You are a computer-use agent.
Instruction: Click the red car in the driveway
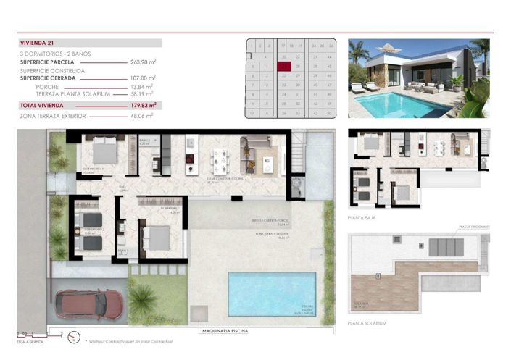coord(88,304)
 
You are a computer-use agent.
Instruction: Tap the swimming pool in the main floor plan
coord(271,294)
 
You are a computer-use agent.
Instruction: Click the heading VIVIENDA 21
coord(38,43)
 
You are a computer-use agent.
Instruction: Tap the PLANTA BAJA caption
coord(365,217)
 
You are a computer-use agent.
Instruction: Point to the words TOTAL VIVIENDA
coord(43,105)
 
